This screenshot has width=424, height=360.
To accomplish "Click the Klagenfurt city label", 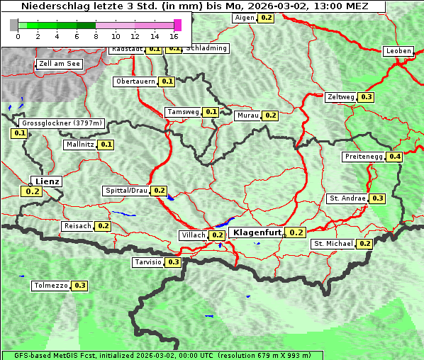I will pos(257,232).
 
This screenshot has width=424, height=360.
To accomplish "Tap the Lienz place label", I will pos(48,181).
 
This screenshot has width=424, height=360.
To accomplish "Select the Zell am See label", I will pos(60,64).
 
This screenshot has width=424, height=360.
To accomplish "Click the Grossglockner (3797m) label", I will pos(63,123).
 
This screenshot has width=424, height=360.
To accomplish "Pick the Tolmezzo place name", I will pos(50,286).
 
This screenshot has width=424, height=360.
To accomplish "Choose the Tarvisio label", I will pos(147,262).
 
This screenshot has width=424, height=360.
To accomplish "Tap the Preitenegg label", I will pos(364,157).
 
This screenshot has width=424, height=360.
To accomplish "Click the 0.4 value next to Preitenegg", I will pos(395,157).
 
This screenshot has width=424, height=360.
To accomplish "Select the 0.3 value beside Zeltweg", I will pos(367,97).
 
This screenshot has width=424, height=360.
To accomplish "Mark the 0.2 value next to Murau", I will pos(270,115).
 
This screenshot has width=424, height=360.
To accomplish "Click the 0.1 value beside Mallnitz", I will pos(106,145).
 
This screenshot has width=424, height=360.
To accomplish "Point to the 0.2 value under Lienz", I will pos(33,191).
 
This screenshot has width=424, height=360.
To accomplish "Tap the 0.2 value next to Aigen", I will pos(266,17).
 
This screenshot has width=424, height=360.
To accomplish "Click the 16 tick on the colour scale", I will pos(174,35).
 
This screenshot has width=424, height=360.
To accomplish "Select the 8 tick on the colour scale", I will pos(96,35).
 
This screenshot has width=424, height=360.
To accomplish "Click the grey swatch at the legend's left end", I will pos(14,25).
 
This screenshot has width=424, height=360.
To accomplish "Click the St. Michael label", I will pos(333,244).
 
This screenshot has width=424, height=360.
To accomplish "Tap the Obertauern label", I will pos(135,81).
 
